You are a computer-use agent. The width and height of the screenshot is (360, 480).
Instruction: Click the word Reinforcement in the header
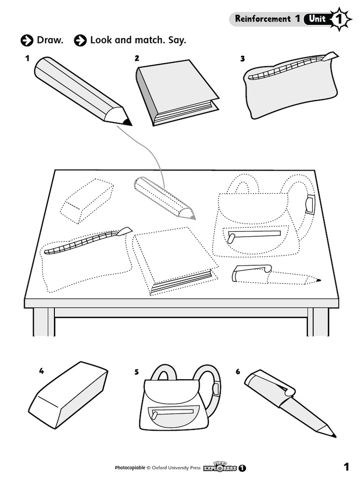click(x=262, y=19)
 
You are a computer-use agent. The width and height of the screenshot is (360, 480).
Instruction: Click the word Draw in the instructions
click(x=50, y=40)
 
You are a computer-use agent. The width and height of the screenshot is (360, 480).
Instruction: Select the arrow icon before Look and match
click(x=80, y=41)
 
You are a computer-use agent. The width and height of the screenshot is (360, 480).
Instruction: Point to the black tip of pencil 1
click(x=127, y=122)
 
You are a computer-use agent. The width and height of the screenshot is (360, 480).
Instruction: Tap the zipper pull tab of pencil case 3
click(x=330, y=57)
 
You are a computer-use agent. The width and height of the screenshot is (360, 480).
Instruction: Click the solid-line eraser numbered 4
click(x=68, y=395)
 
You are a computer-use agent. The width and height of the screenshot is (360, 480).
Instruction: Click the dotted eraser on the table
click(x=87, y=200)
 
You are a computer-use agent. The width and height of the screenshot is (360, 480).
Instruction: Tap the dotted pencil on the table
click(x=164, y=197)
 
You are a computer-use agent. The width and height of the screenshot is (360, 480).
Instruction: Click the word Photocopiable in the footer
click(x=130, y=468)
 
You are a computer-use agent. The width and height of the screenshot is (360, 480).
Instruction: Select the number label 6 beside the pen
click(x=238, y=372)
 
